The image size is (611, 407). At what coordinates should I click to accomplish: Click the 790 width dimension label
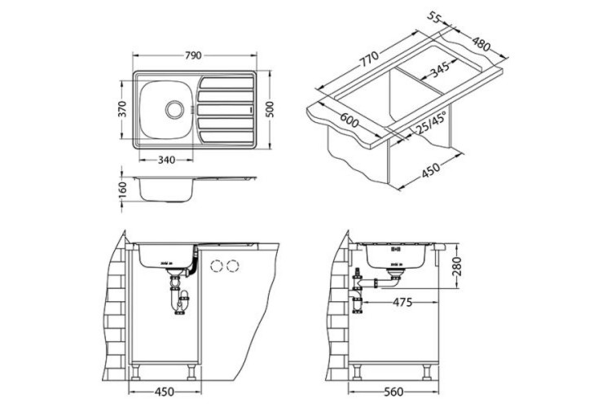pos(193,56)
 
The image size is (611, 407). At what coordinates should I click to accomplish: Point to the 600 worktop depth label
pos(349,120)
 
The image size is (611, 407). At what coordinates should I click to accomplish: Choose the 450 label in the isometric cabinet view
pos(432,169)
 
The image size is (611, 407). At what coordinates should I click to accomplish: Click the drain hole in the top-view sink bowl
pos(174,107)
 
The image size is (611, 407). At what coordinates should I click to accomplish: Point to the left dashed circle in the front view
pos(217,265)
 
